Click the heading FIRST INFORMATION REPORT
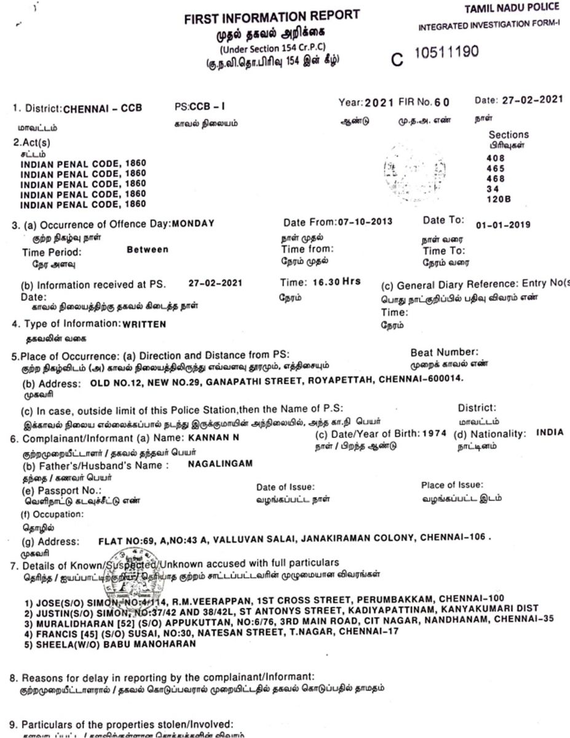tap(272, 18)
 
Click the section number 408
tap(494, 157)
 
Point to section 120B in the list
tap(498, 199)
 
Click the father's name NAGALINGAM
tap(220, 464)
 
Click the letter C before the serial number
tap(398, 60)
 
